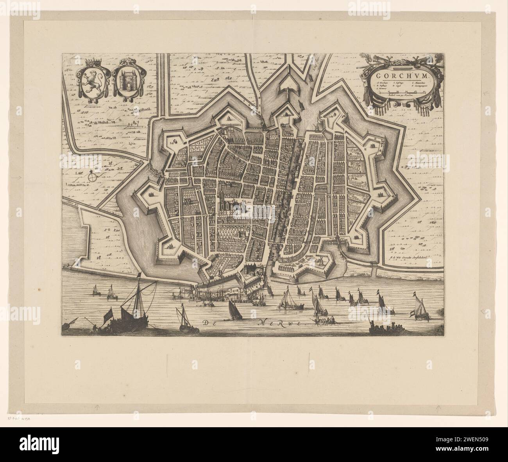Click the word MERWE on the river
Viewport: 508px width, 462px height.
(282, 323)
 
